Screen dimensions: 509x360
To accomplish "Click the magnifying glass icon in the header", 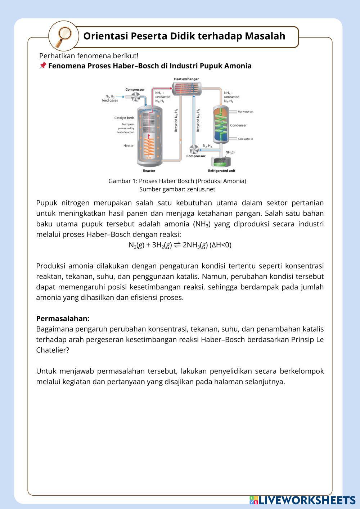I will [x=64, y=36].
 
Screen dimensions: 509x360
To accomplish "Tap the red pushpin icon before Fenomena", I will [x=42, y=66].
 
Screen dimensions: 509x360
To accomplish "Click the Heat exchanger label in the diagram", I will [x=186, y=79].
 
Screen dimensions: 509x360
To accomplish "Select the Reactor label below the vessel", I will [x=149, y=171].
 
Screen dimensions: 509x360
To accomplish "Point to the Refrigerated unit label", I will [x=221, y=171].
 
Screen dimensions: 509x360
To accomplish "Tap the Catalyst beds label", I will [x=124, y=118].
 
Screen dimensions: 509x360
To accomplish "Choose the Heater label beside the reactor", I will [x=129, y=146].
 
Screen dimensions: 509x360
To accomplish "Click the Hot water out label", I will [x=246, y=112].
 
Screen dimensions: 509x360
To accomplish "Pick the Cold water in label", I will [x=246, y=139].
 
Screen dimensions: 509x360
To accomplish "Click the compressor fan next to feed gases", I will [x=136, y=96].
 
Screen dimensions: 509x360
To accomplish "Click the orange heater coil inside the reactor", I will [x=149, y=148].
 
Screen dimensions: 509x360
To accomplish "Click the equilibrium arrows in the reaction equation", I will [x=177, y=245].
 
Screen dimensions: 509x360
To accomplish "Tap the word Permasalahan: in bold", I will [x=63, y=319].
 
